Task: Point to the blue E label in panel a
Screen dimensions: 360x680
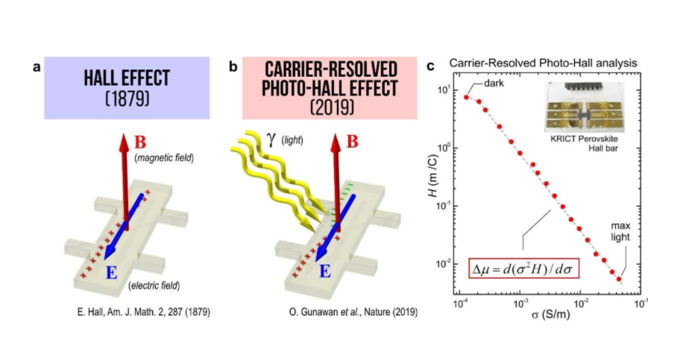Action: coord(111,273)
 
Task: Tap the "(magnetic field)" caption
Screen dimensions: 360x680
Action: coord(165,158)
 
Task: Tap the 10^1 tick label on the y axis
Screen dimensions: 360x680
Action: coord(441,90)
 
